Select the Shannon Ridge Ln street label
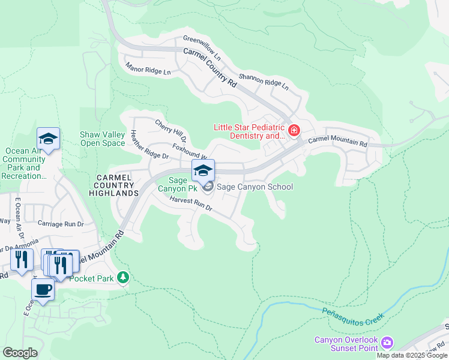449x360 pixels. [264, 81]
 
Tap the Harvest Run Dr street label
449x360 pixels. [191, 203]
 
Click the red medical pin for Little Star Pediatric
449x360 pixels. [294, 130]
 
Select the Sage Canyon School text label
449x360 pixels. [255, 187]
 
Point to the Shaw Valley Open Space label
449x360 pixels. [103, 139]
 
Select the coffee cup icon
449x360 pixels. [42, 290]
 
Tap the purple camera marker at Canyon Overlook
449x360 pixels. [387, 343]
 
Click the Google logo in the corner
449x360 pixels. [20, 353]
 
